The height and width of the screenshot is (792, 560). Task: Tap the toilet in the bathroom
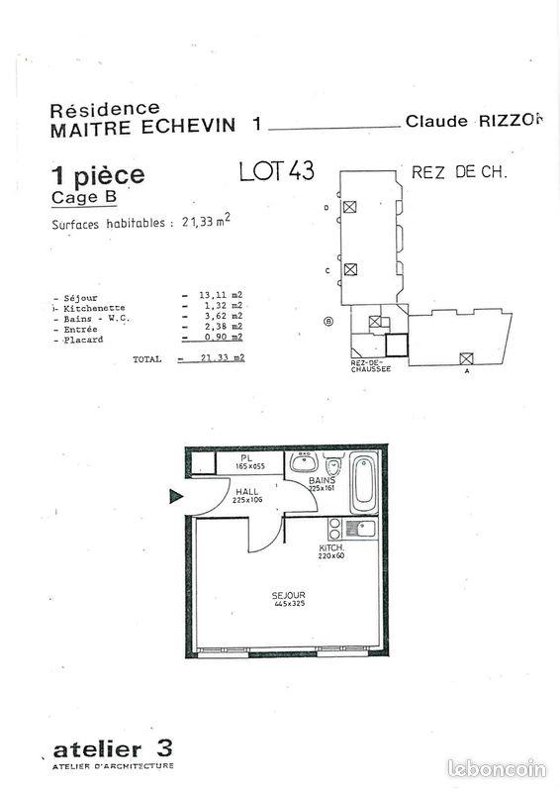(x=333, y=469)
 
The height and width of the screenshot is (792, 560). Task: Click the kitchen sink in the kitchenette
(x=364, y=529)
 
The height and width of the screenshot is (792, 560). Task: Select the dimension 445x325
(x=288, y=604)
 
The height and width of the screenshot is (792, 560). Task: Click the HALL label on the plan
(x=246, y=491)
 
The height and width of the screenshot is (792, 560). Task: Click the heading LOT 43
(x=277, y=171)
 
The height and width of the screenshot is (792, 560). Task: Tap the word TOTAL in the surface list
(x=146, y=358)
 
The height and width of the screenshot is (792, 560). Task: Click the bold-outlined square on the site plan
(x=396, y=346)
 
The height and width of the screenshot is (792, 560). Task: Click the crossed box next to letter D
(x=349, y=207)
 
